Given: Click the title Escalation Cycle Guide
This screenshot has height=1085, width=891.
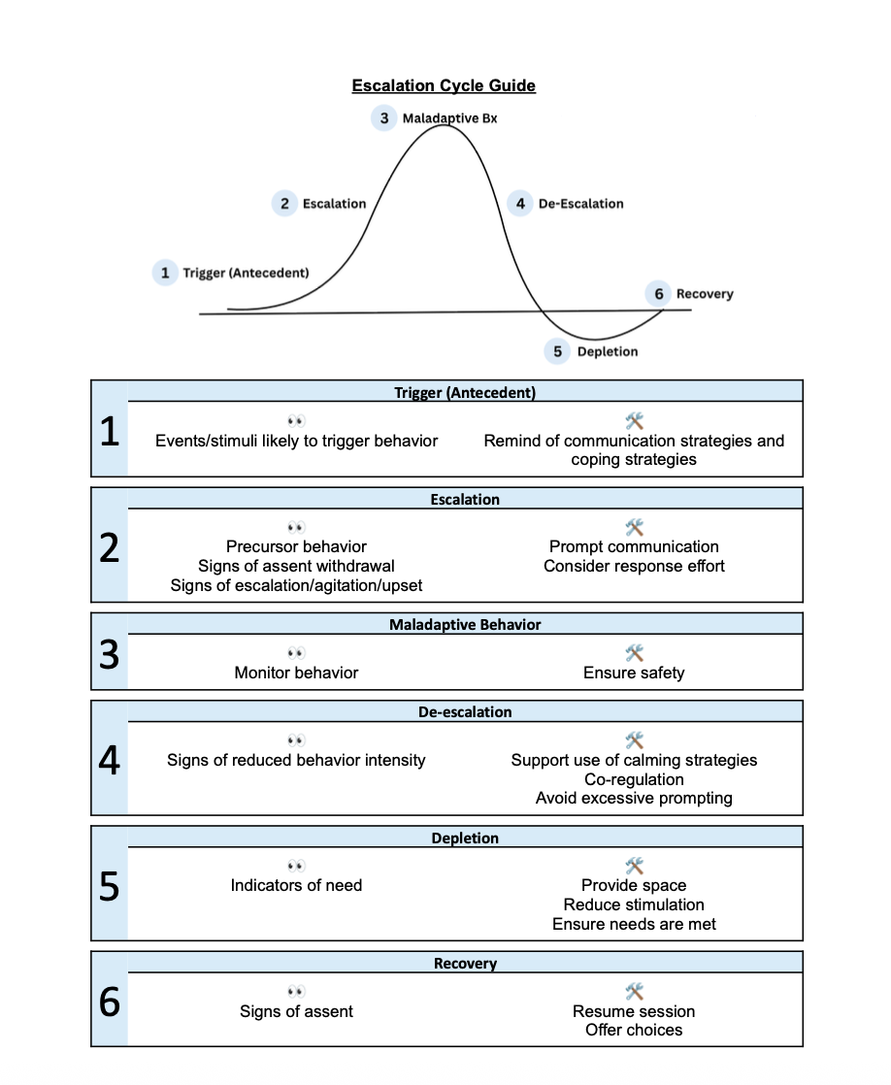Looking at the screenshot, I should coord(444,85).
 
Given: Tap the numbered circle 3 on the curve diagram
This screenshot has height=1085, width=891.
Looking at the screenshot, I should coord(384,117).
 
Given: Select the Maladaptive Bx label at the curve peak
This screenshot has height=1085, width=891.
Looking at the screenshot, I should coord(449,118).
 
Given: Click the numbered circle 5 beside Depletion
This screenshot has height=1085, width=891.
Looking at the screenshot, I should coord(557,351).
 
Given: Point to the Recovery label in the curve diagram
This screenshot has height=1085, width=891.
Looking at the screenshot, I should coord(705,293).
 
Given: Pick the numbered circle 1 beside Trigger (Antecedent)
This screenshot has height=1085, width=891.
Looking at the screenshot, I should coord(165,273).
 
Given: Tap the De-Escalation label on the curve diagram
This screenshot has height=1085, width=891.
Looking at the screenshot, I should coord(580,204).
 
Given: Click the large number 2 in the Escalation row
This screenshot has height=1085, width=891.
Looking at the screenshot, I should coord(110,549).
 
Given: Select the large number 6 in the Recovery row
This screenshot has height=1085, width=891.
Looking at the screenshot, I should coord(110,1002).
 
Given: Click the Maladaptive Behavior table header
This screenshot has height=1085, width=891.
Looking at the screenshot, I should coord(465,625).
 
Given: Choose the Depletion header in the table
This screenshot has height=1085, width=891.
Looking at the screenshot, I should coord(465,838).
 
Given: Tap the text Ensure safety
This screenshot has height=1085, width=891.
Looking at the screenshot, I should coord(634,673).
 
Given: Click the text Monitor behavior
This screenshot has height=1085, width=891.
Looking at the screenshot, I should coord(296,673).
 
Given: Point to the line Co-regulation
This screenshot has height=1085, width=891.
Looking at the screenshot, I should coord(634,779).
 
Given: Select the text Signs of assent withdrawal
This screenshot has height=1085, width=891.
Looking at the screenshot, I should coord(296,566).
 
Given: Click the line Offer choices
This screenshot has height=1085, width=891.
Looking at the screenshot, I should coord(634,1030).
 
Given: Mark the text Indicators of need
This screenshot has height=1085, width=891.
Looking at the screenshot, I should coord(296,885).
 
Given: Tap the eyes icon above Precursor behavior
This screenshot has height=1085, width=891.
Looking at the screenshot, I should coord(296,527).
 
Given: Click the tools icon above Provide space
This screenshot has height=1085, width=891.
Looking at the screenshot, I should coord(634,865).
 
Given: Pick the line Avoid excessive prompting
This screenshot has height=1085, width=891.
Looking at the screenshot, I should coord(634,799).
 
